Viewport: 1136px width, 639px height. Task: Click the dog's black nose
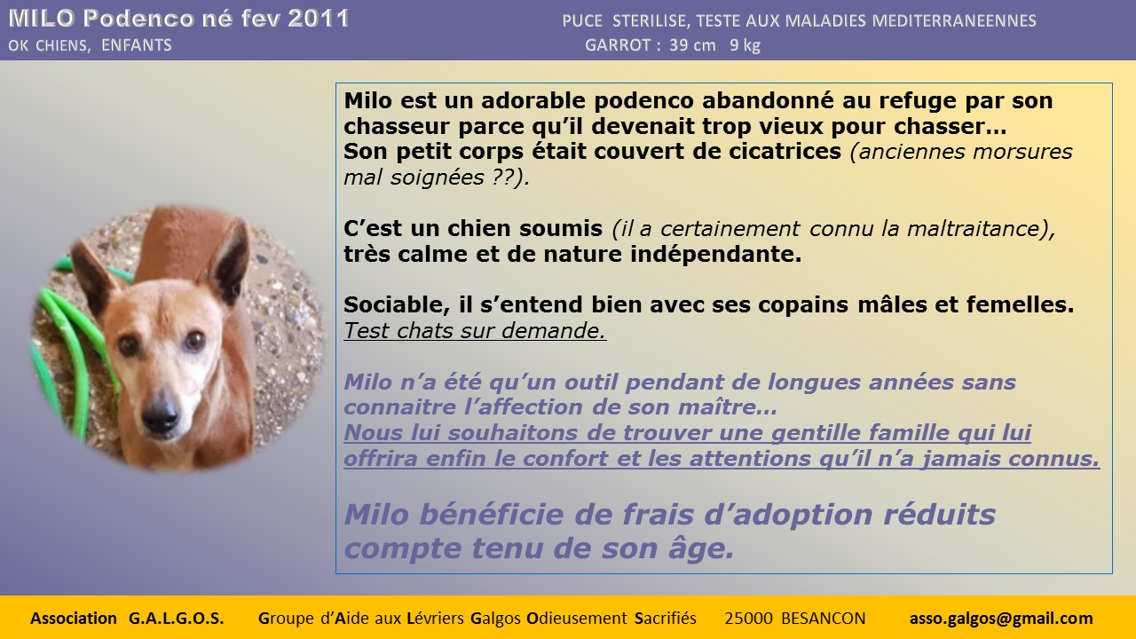coord(161,414)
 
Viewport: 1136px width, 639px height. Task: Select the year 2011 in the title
coord(319,19)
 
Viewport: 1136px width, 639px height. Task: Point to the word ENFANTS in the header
coord(137,45)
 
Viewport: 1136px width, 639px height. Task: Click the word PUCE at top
coord(582,20)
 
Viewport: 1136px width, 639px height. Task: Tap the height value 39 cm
coord(692,45)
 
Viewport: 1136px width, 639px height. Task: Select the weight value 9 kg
coord(745,45)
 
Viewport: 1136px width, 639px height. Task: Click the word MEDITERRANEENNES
coord(954,20)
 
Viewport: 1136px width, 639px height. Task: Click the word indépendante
coord(715,254)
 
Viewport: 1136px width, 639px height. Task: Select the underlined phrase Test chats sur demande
coord(475,331)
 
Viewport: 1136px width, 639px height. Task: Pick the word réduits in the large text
coord(939,514)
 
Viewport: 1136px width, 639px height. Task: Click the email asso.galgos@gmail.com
coord(1001,619)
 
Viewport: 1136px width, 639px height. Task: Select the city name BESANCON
coord(823,619)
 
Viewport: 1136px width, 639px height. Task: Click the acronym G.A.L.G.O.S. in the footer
coord(176,619)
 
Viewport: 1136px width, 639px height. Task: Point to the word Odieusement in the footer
coord(577,619)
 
